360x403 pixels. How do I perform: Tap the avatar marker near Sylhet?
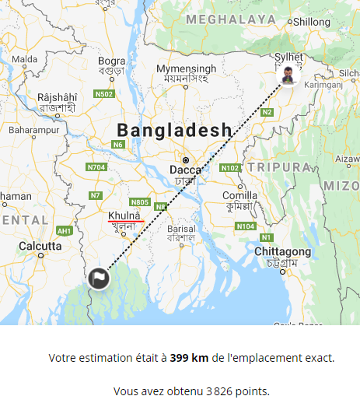click(288, 76)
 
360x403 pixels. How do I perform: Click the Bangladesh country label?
click(173, 130)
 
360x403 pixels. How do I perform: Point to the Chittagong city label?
click(284, 252)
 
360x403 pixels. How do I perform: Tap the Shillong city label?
click(311, 22)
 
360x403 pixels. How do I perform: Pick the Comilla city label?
click(239, 195)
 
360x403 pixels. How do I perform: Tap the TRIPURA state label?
click(281, 167)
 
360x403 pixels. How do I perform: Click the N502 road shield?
click(104, 94)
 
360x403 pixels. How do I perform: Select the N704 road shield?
click(97, 166)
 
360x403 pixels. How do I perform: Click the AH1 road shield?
click(64, 231)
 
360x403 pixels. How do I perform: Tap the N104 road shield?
click(246, 226)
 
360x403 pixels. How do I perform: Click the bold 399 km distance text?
click(189, 358)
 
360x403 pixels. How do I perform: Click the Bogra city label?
click(112, 61)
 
